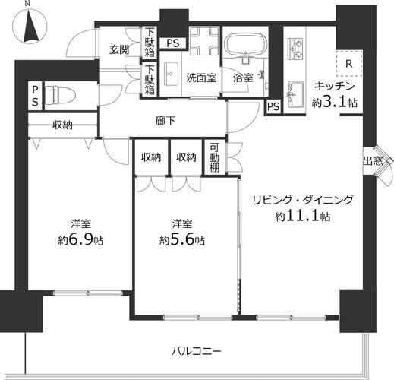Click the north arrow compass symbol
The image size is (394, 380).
pyautogui.click(x=30, y=27)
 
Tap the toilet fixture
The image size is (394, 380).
pyautogui.click(x=60, y=96)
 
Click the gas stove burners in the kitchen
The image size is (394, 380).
pyautogui.click(x=295, y=49)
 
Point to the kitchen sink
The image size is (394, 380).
pyautogui.click(x=295, y=94)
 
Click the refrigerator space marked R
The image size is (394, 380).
pyautogui.click(x=349, y=64)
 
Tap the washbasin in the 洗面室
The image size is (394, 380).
pyautogui.click(x=171, y=74)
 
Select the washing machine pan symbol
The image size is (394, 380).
pyautogui.click(x=204, y=41)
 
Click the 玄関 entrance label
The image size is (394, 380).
pyautogui.click(x=119, y=50)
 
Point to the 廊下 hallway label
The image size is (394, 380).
pyautogui.click(x=165, y=121)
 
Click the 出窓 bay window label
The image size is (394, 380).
pyautogui.click(x=373, y=161)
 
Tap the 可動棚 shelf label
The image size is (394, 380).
pyautogui.click(x=214, y=157)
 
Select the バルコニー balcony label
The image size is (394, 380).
pyautogui.click(x=196, y=351)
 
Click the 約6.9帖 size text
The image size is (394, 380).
pyautogui.click(x=80, y=240)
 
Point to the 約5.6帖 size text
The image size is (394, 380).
pyautogui.click(x=182, y=240)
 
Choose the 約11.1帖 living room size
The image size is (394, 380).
pyautogui.click(x=303, y=217)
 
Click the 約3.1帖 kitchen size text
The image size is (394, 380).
pyautogui.click(x=335, y=103)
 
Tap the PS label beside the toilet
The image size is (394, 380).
pyautogui.click(x=35, y=96)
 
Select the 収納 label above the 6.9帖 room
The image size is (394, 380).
pyautogui.click(x=62, y=125)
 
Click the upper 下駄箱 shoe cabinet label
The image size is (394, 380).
pyautogui.click(x=150, y=43)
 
